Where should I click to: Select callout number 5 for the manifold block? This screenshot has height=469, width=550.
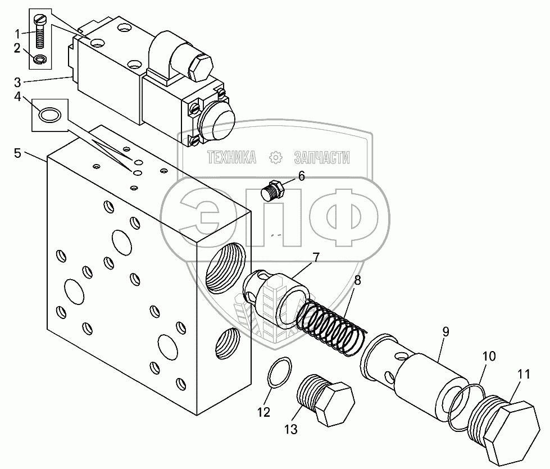[x=17, y=153]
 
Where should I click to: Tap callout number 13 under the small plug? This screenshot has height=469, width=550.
[x=291, y=430]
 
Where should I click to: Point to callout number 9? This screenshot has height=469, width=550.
[x=445, y=332]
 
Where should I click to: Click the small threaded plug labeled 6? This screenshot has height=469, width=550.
[x=273, y=192]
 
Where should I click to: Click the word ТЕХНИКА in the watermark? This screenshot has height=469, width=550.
[x=231, y=158]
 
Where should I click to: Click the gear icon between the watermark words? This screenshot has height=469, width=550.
[x=276, y=158]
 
